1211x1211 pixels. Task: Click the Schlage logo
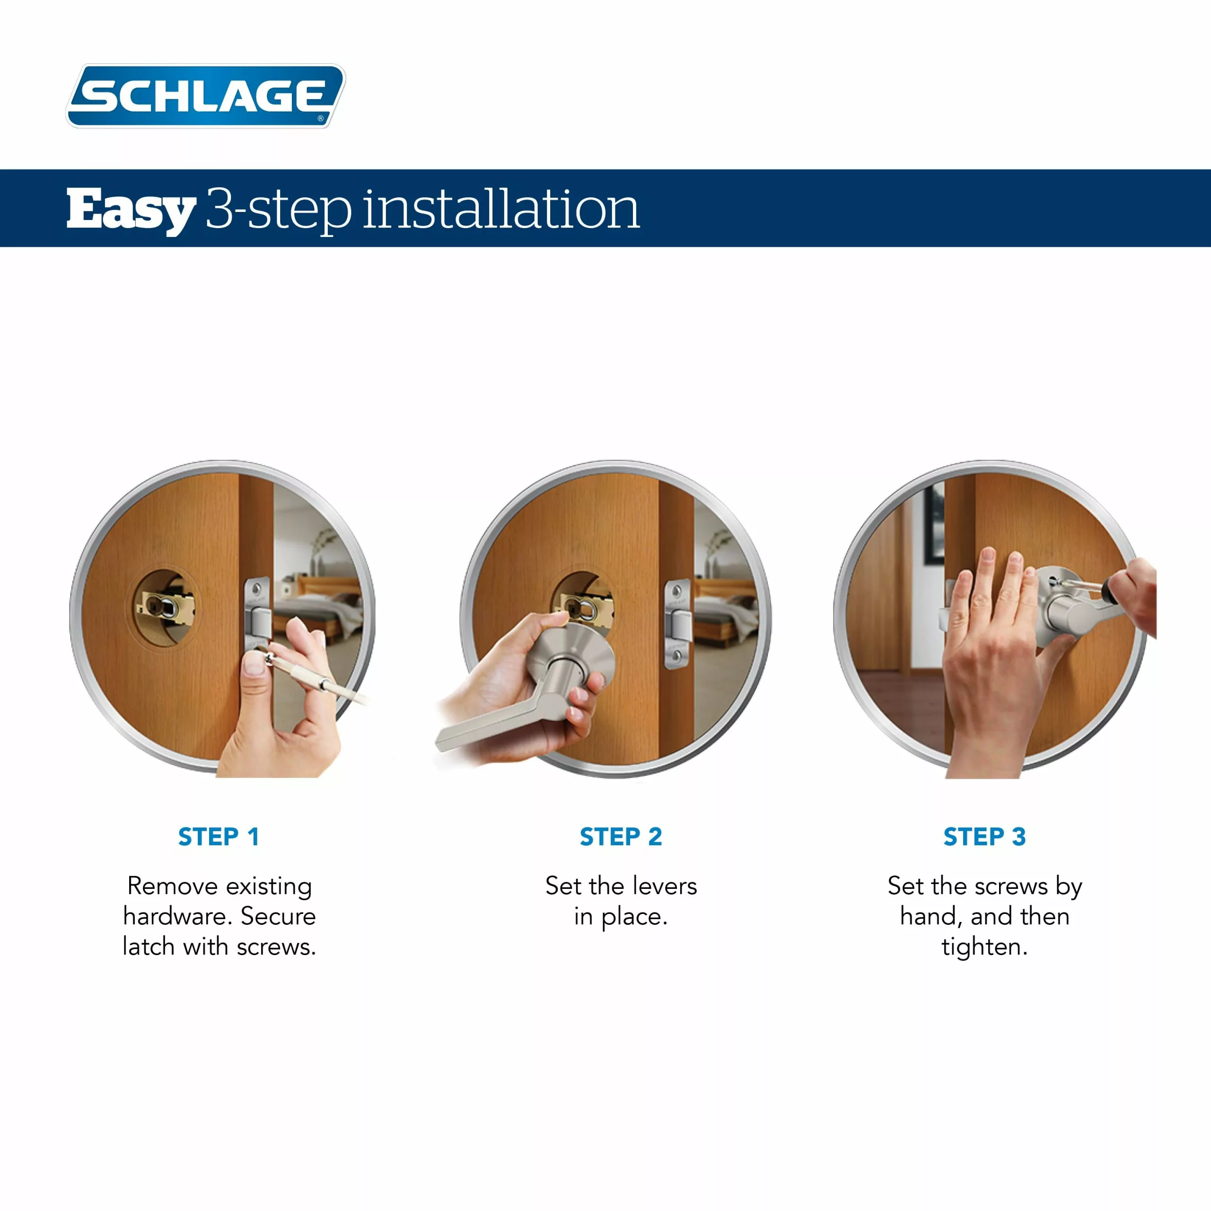(206, 96)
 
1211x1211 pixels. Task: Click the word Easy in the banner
(131, 210)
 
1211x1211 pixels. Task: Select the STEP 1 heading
(218, 837)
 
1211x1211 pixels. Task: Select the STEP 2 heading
(621, 837)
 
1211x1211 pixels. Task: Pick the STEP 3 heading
(984, 837)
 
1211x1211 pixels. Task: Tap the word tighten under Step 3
(984, 947)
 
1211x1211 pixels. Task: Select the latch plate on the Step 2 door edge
(677, 623)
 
